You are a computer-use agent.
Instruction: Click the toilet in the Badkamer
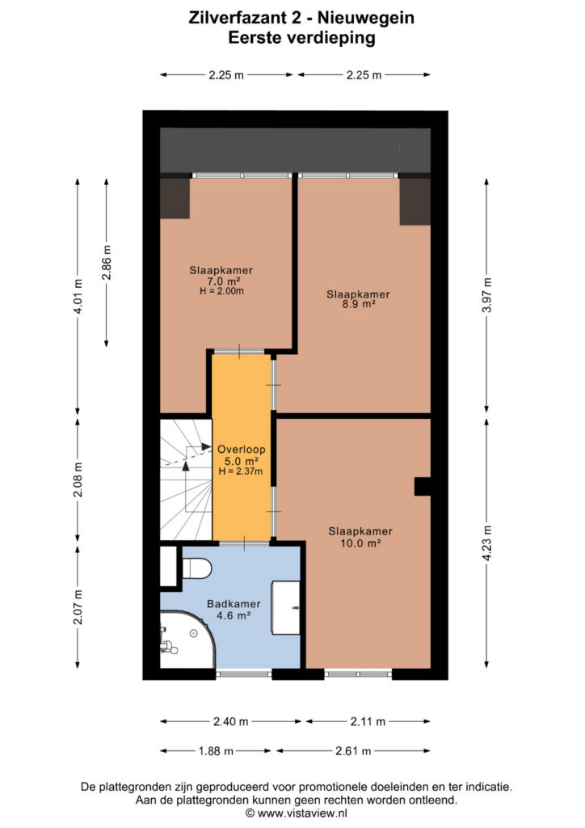(x=197, y=568)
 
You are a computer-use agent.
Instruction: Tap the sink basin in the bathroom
(x=285, y=608)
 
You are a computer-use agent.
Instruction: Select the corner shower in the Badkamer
(x=187, y=640)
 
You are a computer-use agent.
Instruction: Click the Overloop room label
(x=241, y=450)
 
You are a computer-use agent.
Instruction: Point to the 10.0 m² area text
(x=360, y=543)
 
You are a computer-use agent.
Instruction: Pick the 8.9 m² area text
(x=358, y=304)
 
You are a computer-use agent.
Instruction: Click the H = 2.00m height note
(x=221, y=291)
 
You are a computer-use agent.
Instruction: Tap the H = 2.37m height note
(x=241, y=471)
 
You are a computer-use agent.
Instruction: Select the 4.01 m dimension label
(x=78, y=296)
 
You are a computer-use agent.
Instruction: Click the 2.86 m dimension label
(x=107, y=263)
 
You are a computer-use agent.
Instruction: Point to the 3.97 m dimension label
(x=486, y=296)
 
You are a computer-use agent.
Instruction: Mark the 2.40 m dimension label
(x=230, y=721)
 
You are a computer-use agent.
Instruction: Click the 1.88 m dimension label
(x=216, y=751)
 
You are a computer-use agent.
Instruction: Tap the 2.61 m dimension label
(x=353, y=751)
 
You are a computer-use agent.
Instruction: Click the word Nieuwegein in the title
(x=365, y=18)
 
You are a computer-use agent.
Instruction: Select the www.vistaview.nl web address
(x=302, y=813)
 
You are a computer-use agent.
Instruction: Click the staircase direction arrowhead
(x=206, y=446)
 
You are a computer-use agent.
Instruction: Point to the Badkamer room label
(x=234, y=604)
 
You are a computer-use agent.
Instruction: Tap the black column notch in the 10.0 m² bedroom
(x=423, y=486)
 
